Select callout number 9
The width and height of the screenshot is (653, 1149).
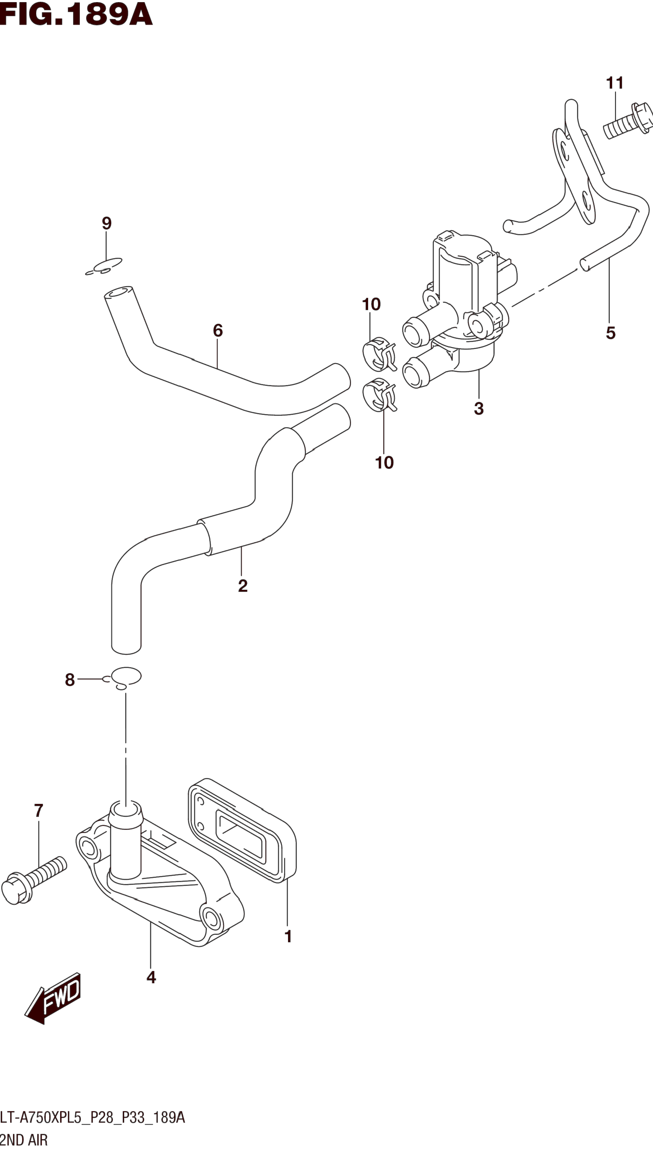tap(106, 223)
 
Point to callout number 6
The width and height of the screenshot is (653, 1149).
tap(218, 331)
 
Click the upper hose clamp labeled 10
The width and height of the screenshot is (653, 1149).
tap(379, 354)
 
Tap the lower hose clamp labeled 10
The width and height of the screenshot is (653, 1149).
tap(379, 395)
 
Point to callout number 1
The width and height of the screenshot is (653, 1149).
tap(288, 936)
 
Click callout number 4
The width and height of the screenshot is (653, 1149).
tap(151, 977)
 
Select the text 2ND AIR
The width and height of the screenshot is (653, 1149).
tap(23, 1140)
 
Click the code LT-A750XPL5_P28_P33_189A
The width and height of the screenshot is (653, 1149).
tap(92, 1118)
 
